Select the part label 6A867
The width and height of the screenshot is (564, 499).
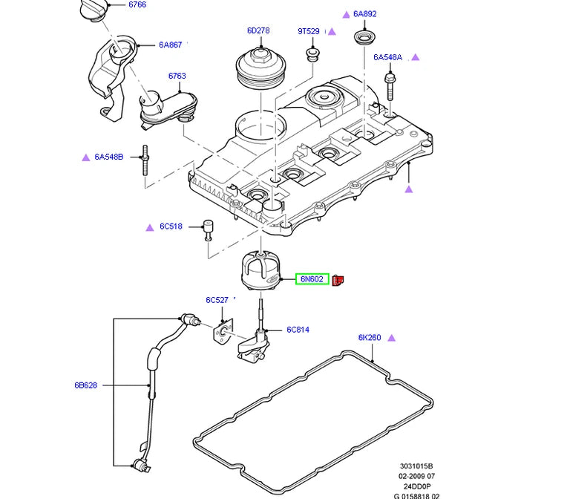coord(170,45)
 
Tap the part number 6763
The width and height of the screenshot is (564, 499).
coord(177,76)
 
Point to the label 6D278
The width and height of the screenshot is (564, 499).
coord(258,31)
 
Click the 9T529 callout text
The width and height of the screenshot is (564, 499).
coord(308,31)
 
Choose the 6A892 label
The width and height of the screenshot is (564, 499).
coord(365,14)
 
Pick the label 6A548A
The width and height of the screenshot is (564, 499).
coord(387,57)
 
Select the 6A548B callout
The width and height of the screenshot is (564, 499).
coord(108,157)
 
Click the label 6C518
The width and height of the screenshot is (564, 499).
coord(171,226)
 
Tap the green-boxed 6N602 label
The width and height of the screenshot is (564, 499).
coord(312,279)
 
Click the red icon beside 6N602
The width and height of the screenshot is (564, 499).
coord(338,279)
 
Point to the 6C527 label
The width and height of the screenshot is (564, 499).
coord(217,301)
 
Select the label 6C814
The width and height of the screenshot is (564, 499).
coord(298,330)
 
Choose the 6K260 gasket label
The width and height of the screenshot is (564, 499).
coord(370,338)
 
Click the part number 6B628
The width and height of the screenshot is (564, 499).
coord(85,385)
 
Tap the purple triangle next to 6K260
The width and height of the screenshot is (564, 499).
coord(392,338)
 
